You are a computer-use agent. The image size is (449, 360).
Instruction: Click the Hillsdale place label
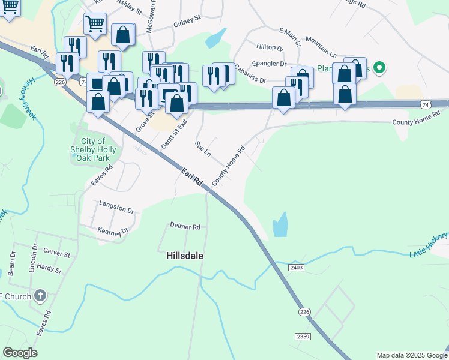point(184,255)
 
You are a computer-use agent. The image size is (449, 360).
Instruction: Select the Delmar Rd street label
point(185,227)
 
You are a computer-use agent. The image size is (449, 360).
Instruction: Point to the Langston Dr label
point(116,208)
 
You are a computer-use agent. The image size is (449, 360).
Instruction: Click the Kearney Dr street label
point(113,231)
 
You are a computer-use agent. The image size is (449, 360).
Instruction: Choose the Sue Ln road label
point(203,149)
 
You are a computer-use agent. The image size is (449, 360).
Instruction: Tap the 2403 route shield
point(297,266)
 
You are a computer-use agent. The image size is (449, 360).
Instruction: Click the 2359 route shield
point(303,337)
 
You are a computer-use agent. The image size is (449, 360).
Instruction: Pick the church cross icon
point(40,295)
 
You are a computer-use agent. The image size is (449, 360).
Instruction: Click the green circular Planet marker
point(378,68)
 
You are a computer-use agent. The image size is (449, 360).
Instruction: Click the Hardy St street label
point(50,268)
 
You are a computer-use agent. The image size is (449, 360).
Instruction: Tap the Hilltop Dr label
point(269,47)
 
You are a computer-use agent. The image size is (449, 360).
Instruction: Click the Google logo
point(20,353)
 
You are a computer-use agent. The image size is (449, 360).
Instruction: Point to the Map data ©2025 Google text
point(411,355)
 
